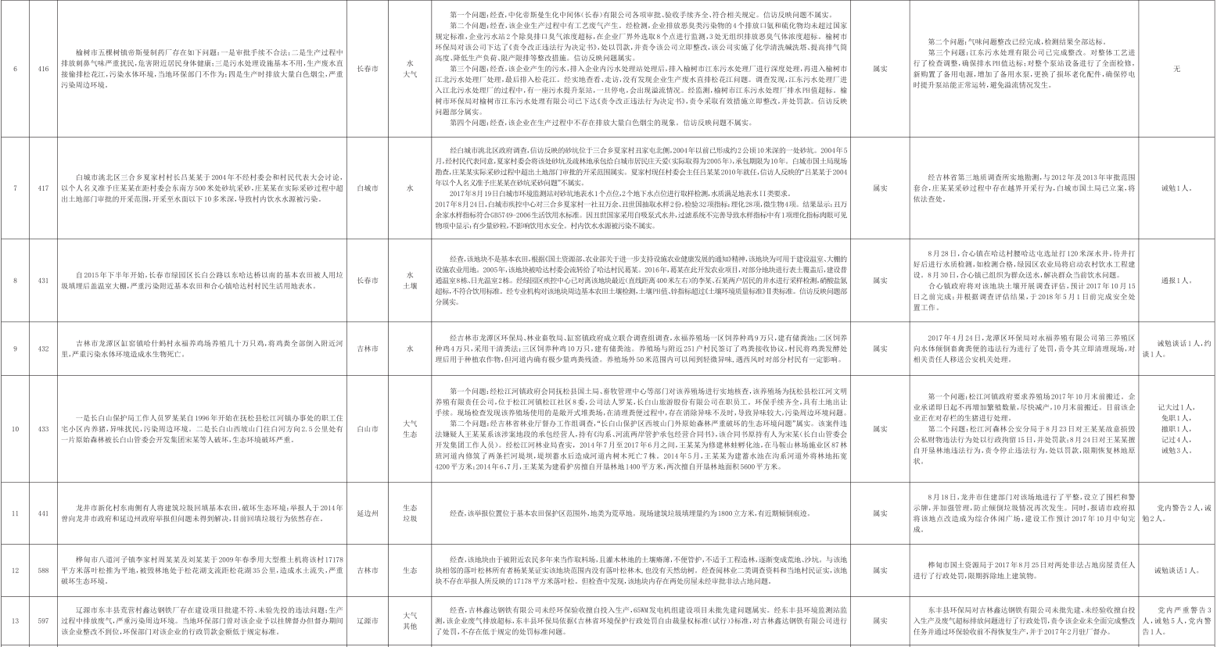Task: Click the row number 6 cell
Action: pos(16,70)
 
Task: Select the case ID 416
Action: pos(43,70)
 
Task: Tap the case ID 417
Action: pos(43,188)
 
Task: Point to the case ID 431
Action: pos(43,281)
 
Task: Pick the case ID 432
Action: pos(43,349)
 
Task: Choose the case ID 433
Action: pos(43,429)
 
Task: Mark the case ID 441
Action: pos(43,513)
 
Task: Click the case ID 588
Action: pos(43,570)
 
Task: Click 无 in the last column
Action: pos(1176,70)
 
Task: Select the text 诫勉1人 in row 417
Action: pos(1176,188)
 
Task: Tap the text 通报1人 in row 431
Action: pos(1176,281)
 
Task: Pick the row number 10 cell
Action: pos(16,429)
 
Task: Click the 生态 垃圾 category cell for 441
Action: pos(410,513)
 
